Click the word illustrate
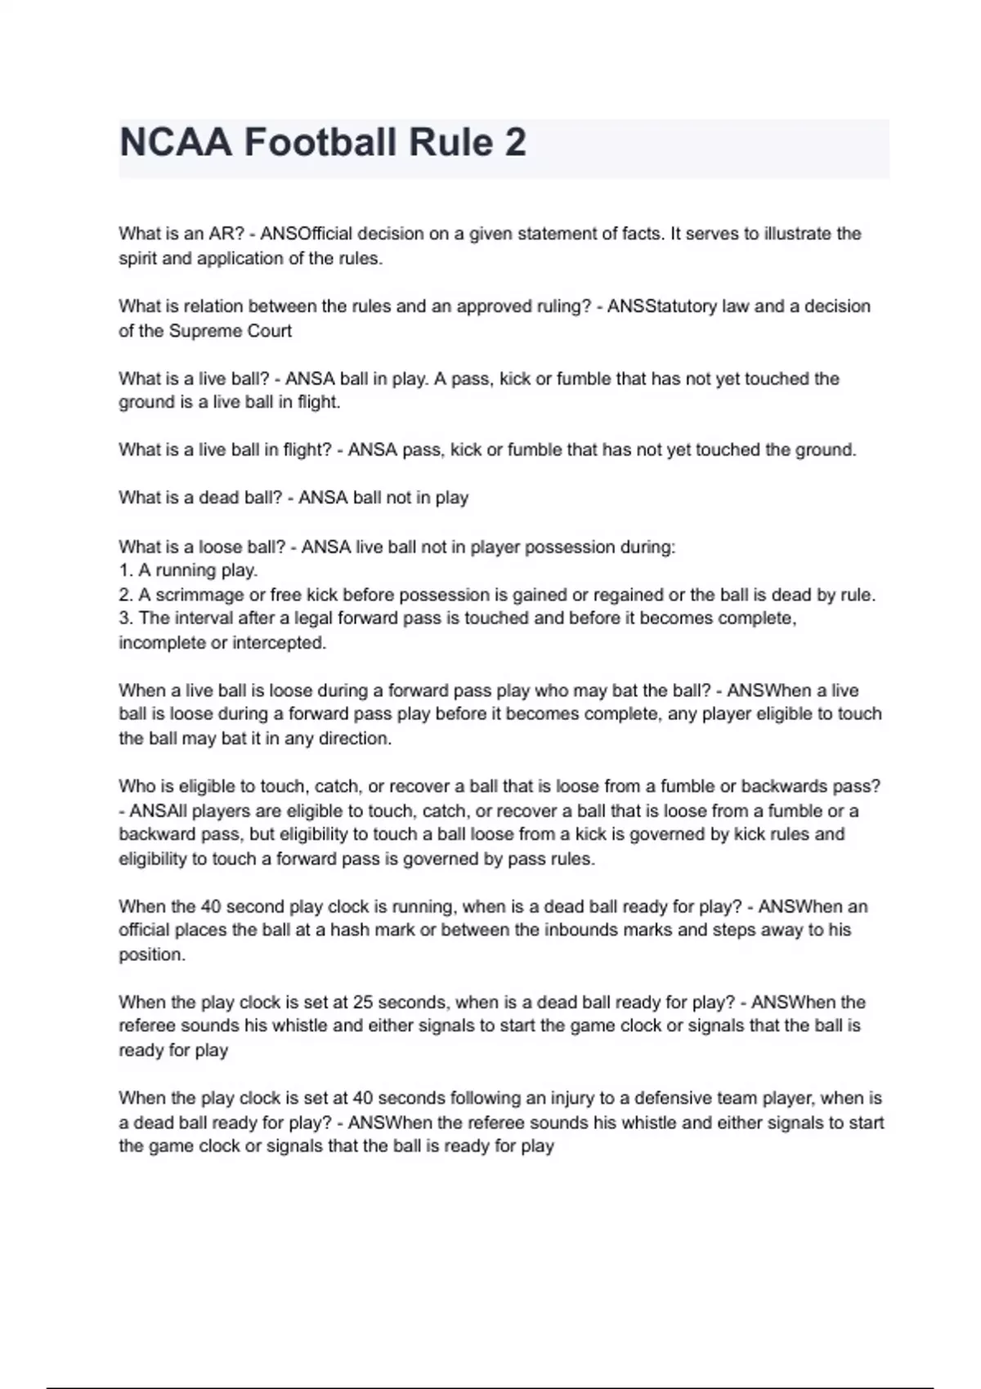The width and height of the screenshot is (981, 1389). (x=797, y=234)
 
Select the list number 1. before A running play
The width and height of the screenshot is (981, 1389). (x=126, y=570)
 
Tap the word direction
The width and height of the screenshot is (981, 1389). (x=352, y=739)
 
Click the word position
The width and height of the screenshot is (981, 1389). (x=151, y=954)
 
